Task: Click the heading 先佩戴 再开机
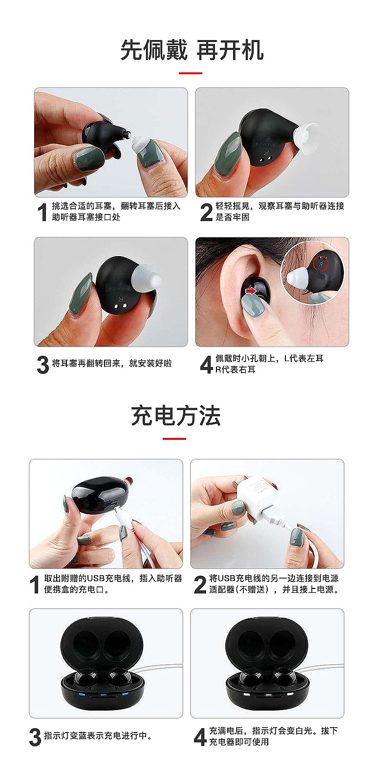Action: [192, 50]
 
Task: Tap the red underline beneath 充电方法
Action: [174, 438]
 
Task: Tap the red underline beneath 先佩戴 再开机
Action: [191, 73]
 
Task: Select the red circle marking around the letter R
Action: [321, 263]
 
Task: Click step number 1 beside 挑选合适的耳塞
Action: [42, 212]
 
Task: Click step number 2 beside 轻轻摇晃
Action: [206, 212]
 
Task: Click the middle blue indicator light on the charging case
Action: [104, 695]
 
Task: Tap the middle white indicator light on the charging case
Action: [268, 695]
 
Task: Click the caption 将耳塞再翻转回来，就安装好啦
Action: [112, 364]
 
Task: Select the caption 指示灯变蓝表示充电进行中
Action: [98, 736]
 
